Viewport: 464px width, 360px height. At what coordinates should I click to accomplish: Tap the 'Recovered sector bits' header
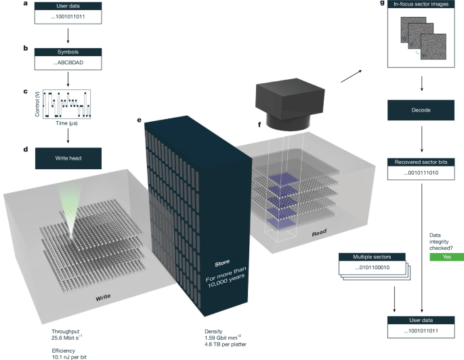[x=423, y=162]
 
